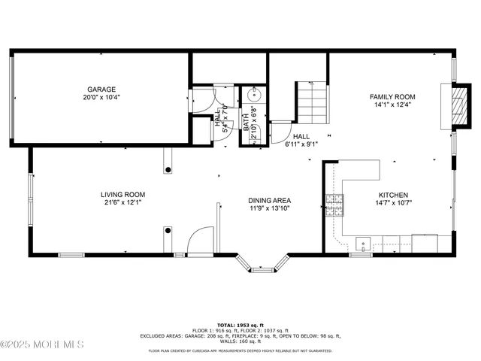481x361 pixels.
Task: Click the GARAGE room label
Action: click(x=101, y=88)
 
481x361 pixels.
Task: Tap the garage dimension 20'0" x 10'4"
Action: click(x=101, y=97)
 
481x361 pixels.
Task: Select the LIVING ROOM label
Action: click(x=123, y=193)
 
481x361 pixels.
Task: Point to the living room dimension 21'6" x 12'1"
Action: click(x=123, y=202)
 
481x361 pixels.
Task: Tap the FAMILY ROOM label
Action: click(x=392, y=96)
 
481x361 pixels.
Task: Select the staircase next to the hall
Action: click(x=312, y=103)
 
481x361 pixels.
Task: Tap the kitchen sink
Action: click(x=363, y=242)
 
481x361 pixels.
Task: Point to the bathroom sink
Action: click(x=254, y=94)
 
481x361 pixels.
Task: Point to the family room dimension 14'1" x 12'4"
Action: click(x=392, y=105)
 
